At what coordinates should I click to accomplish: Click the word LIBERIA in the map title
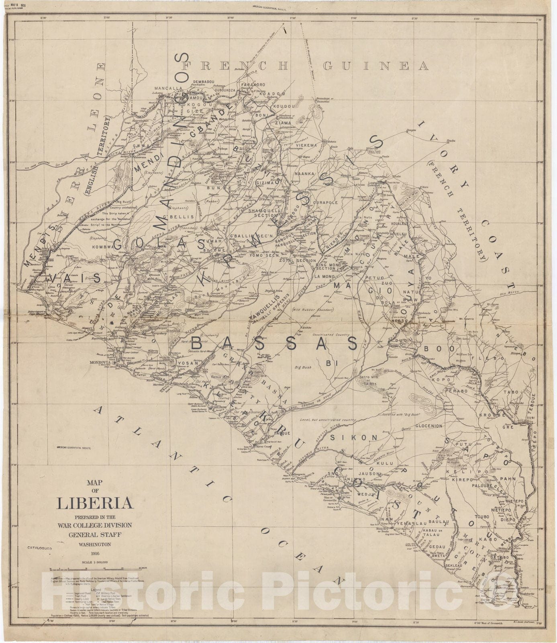tap(95, 503)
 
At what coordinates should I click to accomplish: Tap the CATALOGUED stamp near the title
tap(40, 547)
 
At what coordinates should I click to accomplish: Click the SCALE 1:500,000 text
tap(95, 563)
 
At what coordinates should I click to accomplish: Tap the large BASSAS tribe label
tap(274, 344)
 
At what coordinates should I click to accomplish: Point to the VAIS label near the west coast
tap(75, 278)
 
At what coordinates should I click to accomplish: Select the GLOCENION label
tap(428, 426)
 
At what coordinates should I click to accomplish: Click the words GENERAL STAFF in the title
tap(95, 534)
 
